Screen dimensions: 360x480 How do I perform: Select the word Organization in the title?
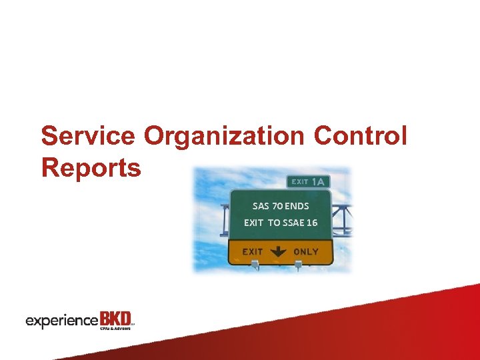pos(226,136)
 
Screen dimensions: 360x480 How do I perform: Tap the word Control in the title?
pos(361,136)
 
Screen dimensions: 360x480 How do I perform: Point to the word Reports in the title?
pos(91,167)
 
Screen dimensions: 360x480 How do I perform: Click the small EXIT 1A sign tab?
pos(309,181)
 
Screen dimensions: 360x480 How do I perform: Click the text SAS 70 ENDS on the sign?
pos(281,206)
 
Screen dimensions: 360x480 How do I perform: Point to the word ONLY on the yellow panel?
pos(306,252)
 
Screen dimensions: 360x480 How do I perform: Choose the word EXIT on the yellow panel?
pos(253,252)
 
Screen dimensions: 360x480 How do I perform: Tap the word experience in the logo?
pos(61,321)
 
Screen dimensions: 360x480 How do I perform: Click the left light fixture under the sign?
pos(254,266)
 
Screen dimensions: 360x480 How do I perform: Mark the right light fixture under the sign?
pos(298,266)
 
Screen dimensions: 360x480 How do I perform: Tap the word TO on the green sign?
pos(274,223)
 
